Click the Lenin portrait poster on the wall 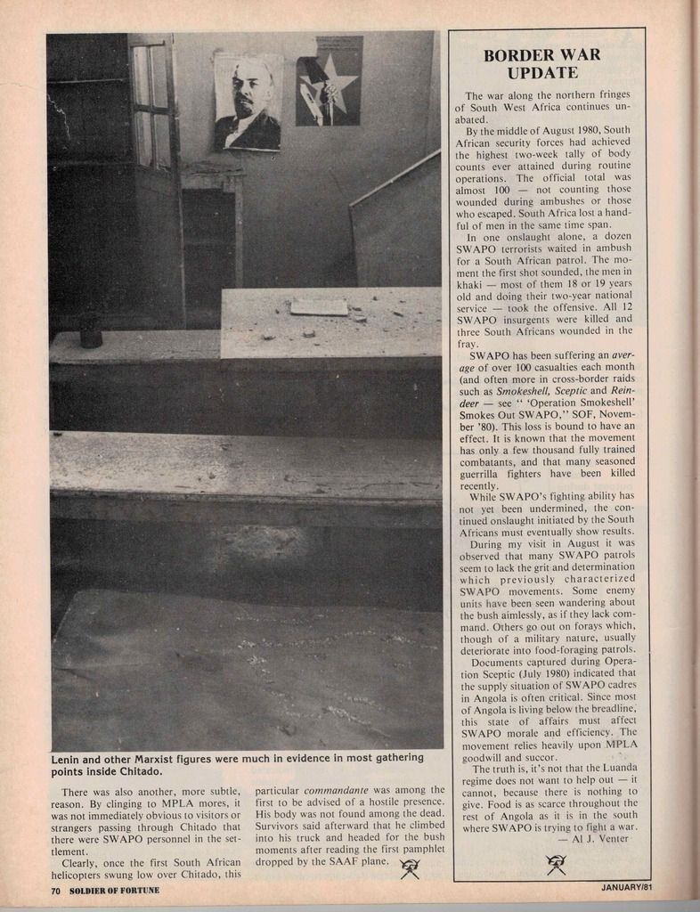[248, 102]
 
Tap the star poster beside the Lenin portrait [329, 80]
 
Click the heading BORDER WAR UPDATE [541, 63]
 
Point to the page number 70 [55, 891]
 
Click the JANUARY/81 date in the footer [627, 887]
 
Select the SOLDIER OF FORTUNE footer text [103, 891]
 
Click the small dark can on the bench [91, 332]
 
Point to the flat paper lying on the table [319, 307]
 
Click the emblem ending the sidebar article [557, 864]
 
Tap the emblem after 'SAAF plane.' [410, 869]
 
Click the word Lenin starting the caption [69, 758]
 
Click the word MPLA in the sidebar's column [621, 744]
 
